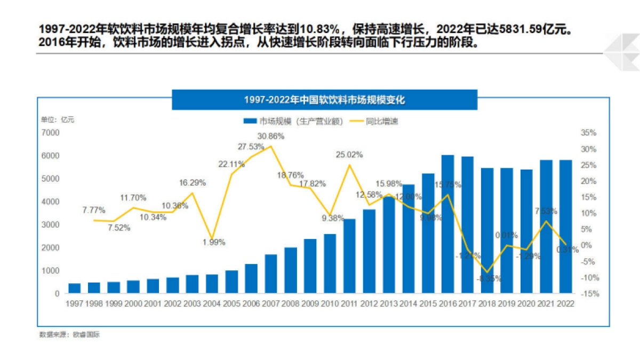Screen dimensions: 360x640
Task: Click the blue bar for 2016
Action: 447,224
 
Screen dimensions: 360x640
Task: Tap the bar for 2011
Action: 349,256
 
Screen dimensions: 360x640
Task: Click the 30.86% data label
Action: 271,136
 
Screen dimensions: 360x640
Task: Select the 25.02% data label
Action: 349,155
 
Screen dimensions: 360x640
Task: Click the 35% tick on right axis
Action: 589,132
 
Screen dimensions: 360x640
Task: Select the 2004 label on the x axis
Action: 212,303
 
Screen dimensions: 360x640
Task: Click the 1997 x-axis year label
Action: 75,303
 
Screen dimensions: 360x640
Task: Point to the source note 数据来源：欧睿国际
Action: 69,335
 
